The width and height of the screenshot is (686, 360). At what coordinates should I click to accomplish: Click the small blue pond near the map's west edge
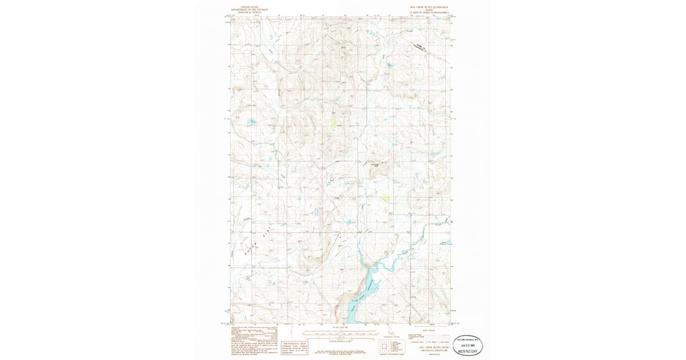(x=249, y=122)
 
